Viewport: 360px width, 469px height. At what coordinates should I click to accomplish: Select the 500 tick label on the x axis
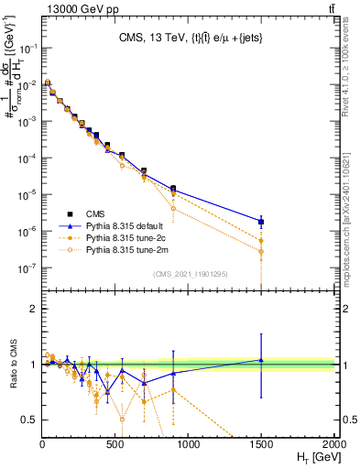[x=115, y=445]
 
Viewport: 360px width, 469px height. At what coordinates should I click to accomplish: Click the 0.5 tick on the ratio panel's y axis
[x=32, y=420]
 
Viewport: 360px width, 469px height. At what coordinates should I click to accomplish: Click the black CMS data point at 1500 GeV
[x=261, y=221]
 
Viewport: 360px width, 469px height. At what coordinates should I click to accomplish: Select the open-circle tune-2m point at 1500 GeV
[x=261, y=251]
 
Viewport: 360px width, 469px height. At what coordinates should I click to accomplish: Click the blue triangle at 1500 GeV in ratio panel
[x=261, y=360]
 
